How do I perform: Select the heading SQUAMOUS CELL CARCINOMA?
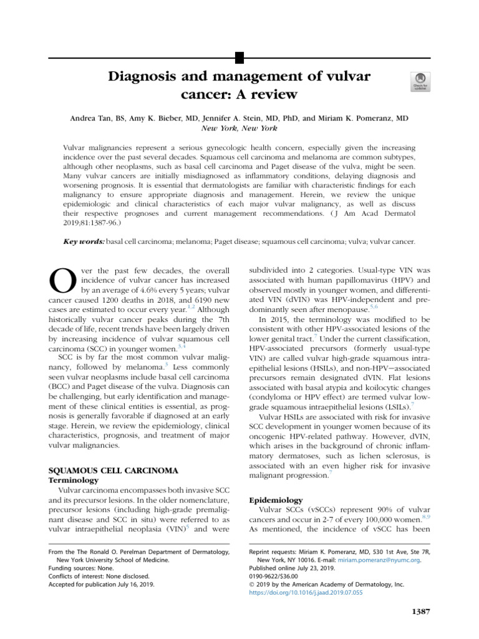pos(114,469)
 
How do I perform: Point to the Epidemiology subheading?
pos(276,500)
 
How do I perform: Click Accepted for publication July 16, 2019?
pos(102,585)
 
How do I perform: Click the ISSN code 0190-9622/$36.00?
pos(279,577)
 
